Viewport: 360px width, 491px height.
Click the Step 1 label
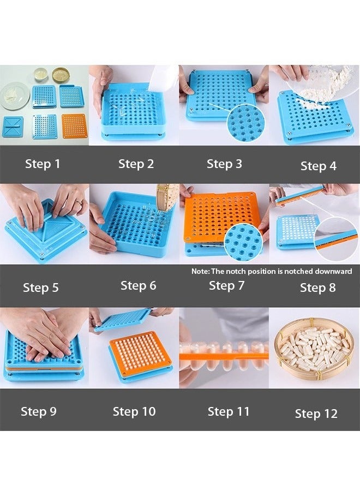42,164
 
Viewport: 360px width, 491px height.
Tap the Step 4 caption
319,166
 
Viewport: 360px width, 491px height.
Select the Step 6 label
139,285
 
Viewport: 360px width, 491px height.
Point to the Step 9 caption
39,411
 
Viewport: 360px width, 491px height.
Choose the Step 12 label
316,414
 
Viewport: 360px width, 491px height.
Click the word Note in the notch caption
200,271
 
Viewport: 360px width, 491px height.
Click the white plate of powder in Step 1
15,95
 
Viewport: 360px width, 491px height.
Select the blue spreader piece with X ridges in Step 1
13,127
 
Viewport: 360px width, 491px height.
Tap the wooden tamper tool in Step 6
167,196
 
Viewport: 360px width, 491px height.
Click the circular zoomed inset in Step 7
243,242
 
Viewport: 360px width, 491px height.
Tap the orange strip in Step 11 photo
224,356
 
